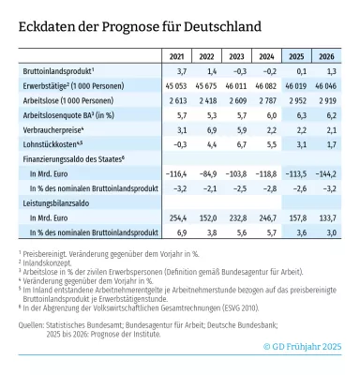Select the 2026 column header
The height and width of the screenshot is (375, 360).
327,54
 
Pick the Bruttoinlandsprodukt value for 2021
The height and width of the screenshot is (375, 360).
176,71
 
